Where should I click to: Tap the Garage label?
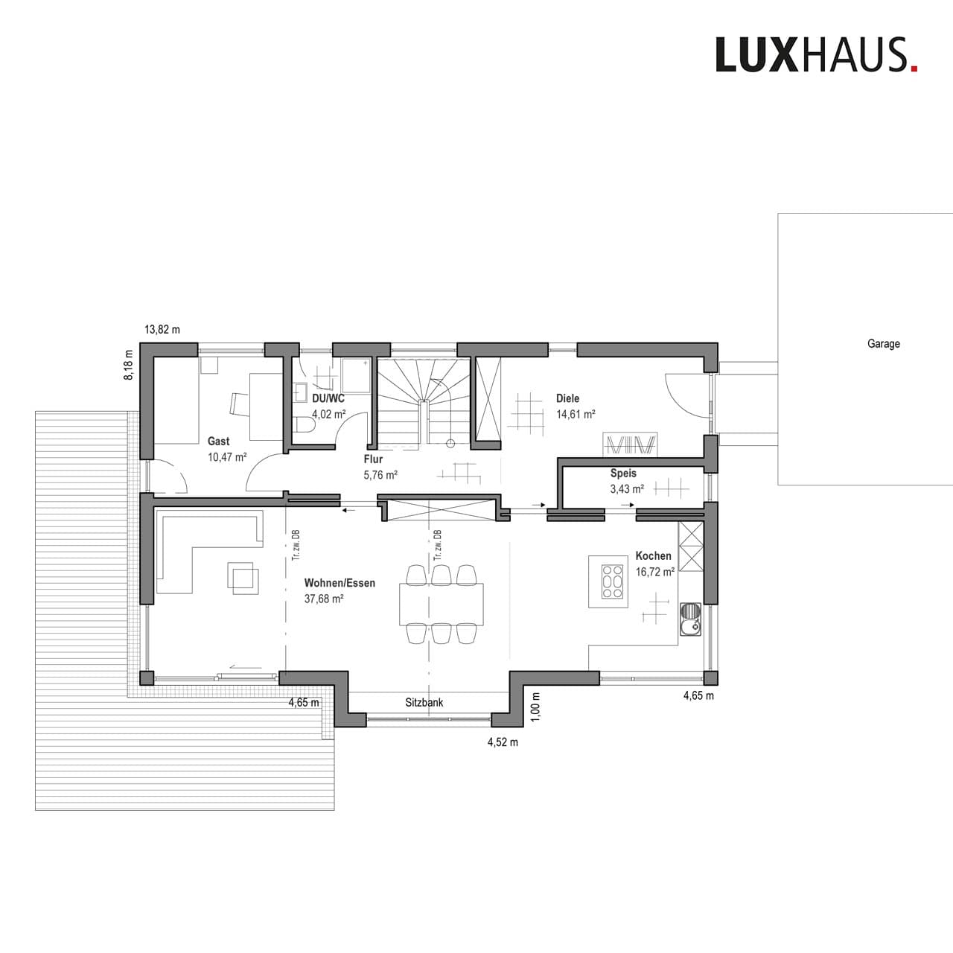pyautogui.click(x=883, y=344)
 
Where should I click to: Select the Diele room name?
pyautogui.click(x=567, y=398)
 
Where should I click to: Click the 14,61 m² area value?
pyautogui.click(x=576, y=414)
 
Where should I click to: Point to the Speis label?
pyautogui.click(x=623, y=473)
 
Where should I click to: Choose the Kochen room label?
pyautogui.click(x=653, y=555)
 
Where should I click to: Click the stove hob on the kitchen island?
pyautogui.click(x=612, y=581)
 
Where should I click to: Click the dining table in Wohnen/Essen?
pyautogui.click(x=442, y=604)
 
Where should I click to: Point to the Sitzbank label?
pyautogui.click(x=424, y=702)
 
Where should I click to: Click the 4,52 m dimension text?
pyautogui.click(x=503, y=742)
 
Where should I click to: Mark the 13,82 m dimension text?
pyautogui.click(x=162, y=329)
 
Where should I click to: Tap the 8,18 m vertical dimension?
pyautogui.click(x=129, y=366)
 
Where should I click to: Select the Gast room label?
pyautogui.click(x=218, y=442)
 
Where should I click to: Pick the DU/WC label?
pyautogui.click(x=328, y=398)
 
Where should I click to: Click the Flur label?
pyautogui.click(x=373, y=459)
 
